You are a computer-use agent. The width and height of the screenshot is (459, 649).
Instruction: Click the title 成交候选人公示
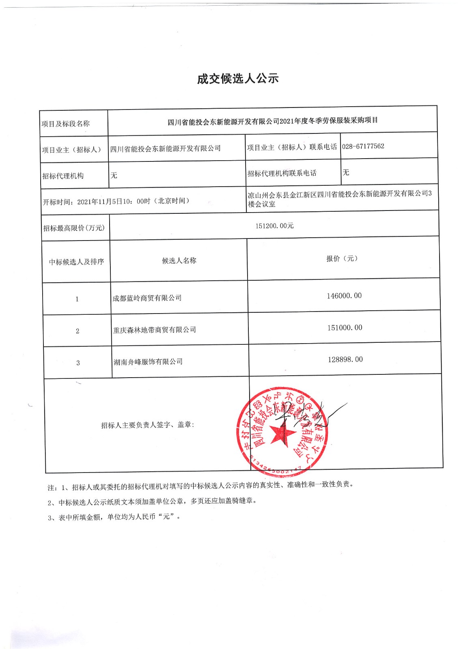tap(238, 79)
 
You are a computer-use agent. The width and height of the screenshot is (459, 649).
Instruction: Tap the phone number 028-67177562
tap(363, 146)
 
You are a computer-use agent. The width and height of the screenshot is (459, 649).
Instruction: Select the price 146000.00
tap(344, 296)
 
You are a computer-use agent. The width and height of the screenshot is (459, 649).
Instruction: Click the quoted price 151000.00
tap(345, 328)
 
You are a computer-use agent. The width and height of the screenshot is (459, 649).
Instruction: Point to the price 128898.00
tap(345, 359)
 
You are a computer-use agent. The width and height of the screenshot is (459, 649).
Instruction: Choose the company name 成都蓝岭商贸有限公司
tap(147, 298)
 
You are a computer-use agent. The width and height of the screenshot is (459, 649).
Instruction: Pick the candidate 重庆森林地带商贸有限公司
tap(154, 330)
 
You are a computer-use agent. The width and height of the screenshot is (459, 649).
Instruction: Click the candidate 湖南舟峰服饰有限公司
tap(148, 361)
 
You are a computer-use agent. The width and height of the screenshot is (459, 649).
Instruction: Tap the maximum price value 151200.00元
tap(274, 226)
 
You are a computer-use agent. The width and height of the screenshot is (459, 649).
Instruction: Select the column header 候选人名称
tap(179, 260)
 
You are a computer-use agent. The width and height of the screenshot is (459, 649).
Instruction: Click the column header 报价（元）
tap(342, 258)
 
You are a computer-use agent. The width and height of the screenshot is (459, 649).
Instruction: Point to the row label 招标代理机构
tap(63, 176)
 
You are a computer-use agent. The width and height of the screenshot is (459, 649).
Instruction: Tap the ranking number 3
tap(78, 363)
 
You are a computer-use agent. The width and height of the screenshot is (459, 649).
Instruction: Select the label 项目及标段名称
tap(65, 124)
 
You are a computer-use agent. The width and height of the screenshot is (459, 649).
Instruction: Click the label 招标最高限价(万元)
tap(74, 228)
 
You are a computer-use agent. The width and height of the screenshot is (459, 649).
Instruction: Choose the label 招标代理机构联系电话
tap(282, 173)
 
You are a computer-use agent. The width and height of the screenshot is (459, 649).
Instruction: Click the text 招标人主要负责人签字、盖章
tap(147, 425)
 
